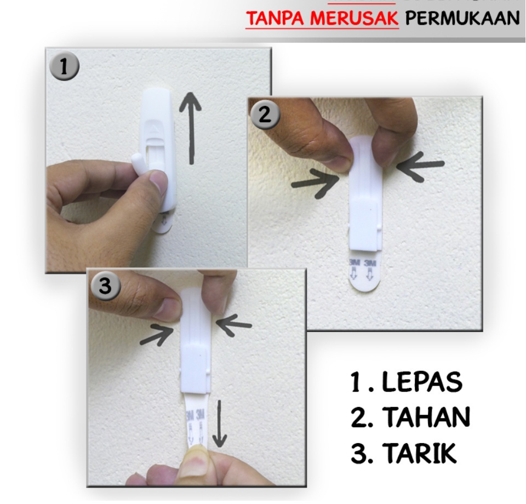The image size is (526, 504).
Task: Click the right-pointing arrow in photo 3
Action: [157, 334]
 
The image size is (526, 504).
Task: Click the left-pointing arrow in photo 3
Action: [234, 324]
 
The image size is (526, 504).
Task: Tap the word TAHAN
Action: [426, 418]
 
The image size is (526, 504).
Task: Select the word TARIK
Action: [419, 454]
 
